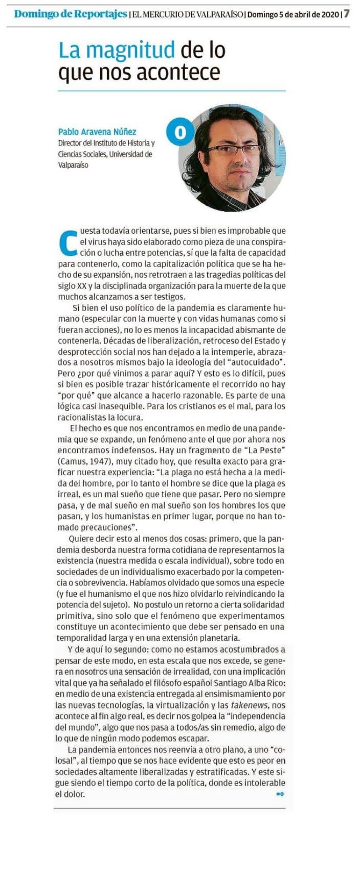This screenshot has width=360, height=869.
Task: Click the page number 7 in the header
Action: coord(347,14)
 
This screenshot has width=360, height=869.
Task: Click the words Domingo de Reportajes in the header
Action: coord(70,14)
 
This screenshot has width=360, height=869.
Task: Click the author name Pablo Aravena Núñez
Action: coord(97,131)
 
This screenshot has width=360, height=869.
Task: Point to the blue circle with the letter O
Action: coord(180,132)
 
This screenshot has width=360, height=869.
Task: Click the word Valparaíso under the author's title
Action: coord(73,165)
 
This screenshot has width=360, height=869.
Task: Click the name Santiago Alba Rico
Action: coord(244,683)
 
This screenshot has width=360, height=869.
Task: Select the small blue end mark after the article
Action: coord(280,794)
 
